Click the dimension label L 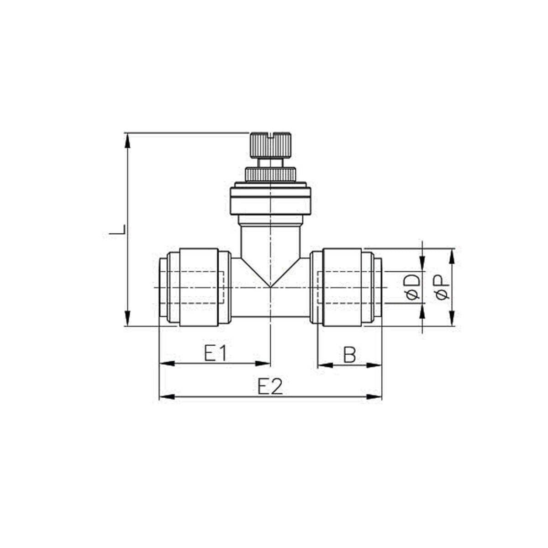point(117,230)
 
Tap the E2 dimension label point(270,385)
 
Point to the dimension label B point(349,355)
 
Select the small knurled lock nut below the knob point(270,174)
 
